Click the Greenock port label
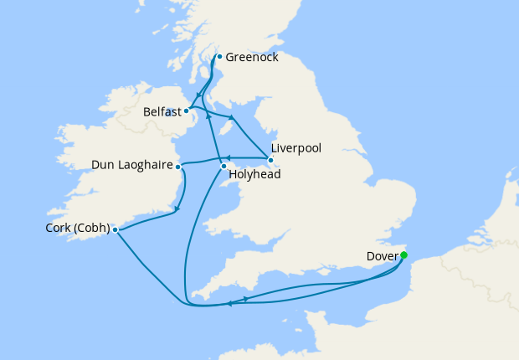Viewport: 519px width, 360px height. (252, 58)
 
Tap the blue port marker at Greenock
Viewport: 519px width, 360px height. (219, 58)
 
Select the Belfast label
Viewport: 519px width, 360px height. (162, 111)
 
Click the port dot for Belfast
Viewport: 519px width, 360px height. (187, 110)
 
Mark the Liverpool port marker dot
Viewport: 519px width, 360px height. (270, 159)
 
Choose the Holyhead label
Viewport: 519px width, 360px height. (254, 176)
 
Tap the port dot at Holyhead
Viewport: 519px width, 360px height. (224, 167)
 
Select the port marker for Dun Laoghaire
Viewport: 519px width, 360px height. (177, 167)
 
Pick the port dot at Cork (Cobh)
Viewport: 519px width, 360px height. (115, 229)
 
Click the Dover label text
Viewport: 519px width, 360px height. (383, 256)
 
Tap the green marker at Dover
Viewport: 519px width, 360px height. (403, 255)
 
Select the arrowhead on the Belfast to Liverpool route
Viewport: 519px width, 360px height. (231, 117)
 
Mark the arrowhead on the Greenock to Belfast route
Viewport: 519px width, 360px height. (198, 95)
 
